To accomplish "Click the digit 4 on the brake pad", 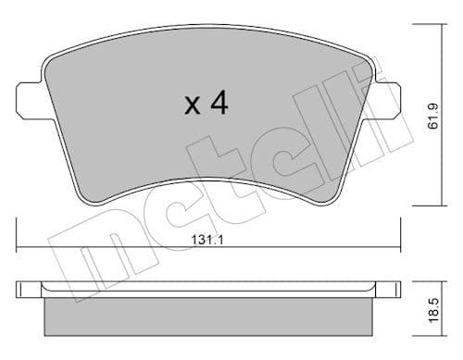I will pyautogui.click(x=219, y=103).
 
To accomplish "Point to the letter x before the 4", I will pyautogui.click(x=193, y=106).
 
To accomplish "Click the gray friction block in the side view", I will pyautogui.click(x=208, y=316).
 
